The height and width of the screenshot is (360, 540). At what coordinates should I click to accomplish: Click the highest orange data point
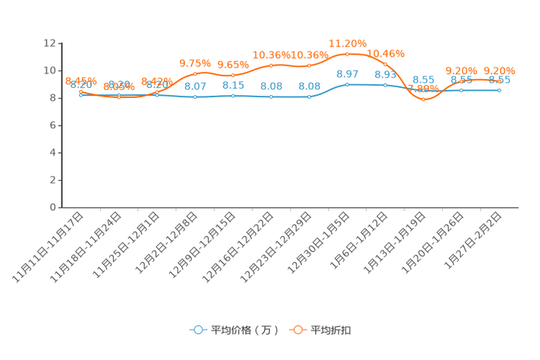pos(348,54)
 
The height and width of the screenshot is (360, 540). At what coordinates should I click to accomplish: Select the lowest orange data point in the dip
pos(423,99)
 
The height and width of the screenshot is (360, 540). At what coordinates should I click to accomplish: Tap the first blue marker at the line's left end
pos(81,94)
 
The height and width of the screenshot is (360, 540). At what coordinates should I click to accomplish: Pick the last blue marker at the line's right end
pos(499,90)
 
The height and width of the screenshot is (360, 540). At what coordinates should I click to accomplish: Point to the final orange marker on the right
pos(499,78)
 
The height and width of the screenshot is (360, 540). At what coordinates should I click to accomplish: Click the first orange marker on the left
pos(81,91)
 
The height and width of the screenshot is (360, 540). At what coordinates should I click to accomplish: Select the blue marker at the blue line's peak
pos(348,84)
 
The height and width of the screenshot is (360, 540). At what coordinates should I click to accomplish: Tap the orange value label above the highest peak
pos(348,43)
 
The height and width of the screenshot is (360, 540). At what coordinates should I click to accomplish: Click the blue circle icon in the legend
pos(197,330)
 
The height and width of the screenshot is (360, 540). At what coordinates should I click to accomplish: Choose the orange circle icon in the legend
pos(297,330)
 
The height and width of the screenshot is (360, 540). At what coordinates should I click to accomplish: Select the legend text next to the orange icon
pos(332,330)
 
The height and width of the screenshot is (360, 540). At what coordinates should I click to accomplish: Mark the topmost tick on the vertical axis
pos(60,44)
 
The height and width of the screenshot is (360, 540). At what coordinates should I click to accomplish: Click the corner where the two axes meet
pos(60,207)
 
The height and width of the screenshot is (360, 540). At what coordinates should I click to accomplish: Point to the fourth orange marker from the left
pos(195,73)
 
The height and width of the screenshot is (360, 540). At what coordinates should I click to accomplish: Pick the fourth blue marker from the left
pos(195,97)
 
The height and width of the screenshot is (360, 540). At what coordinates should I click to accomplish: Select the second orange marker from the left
pos(119,97)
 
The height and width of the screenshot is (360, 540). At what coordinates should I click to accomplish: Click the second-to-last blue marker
pos(461,91)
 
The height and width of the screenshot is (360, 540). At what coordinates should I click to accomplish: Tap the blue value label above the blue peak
pos(348,73)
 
